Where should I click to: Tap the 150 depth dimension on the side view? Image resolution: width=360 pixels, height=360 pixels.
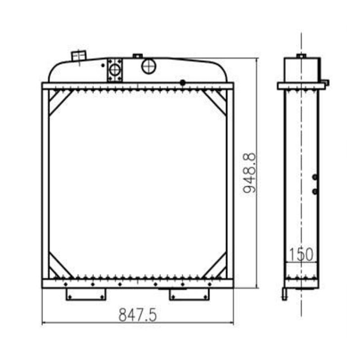[x=301, y=255]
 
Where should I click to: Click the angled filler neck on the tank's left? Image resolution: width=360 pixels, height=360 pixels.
[x=78, y=55]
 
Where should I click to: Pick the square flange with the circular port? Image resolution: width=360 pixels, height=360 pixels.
[x=115, y=70]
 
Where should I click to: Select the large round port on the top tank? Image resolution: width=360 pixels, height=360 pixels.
[x=148, y=67]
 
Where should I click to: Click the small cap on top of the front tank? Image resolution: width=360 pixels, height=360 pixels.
[x=137, y=56]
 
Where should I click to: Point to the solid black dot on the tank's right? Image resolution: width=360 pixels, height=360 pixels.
[x=182, y=82]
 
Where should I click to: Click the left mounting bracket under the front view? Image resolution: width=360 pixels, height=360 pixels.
[x=86, y=294]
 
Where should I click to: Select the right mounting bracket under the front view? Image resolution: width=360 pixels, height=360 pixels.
[x=189, y=294]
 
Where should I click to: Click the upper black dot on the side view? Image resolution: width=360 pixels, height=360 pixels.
[x=315, y=177]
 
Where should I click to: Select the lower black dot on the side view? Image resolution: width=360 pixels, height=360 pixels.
[x=315, y=192]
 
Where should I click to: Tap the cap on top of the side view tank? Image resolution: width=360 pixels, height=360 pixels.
[x=301, y=56]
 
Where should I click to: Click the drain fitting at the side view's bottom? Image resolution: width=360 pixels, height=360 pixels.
[x=284, y=295]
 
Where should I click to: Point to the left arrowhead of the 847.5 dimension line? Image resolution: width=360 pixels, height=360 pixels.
[x=44, y=323]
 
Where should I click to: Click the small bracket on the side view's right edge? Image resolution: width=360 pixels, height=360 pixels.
[x=324, y=83]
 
